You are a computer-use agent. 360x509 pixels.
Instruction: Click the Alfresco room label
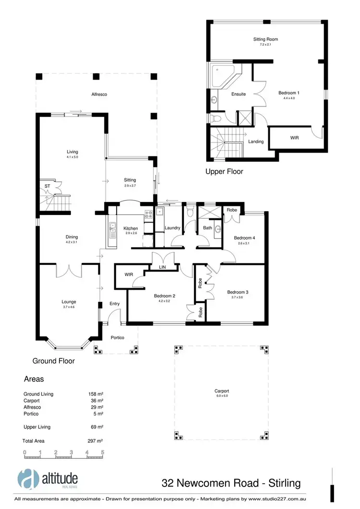99,95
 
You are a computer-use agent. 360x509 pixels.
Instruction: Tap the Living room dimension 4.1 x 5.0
72,157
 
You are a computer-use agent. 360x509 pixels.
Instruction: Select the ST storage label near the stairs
47,186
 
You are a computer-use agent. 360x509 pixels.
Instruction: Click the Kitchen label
131,228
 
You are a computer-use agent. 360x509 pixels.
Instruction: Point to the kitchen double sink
112,230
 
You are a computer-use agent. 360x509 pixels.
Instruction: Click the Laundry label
172,228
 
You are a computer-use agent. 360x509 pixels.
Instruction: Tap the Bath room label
207,228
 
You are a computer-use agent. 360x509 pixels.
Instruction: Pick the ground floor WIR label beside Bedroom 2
129,275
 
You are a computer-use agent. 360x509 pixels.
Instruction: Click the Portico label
118,338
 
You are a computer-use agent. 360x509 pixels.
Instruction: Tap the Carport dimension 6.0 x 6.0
222,396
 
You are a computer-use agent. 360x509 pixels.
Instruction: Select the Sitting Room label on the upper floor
265,39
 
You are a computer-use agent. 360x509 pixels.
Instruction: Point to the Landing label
256,142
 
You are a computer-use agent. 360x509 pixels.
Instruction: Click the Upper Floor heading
224,171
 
